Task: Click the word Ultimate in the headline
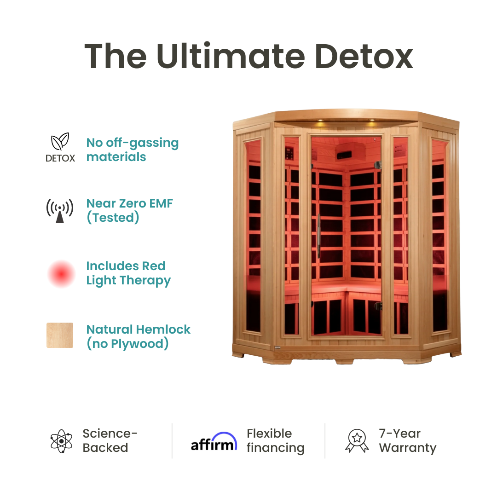(230, 56)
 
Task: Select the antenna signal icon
(60, 211)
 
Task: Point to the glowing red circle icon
(61, 274)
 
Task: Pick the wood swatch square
(60, 335)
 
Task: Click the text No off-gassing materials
(133, 150)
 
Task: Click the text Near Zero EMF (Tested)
(130, 210)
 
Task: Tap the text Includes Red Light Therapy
(128, 273)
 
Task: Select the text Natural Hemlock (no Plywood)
(139, 336)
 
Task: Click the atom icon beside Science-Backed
(61, 441)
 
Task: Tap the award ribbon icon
(357, 441)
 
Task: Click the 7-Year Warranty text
(407, 441)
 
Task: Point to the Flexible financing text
(276, 441)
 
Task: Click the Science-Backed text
(110, 441)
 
